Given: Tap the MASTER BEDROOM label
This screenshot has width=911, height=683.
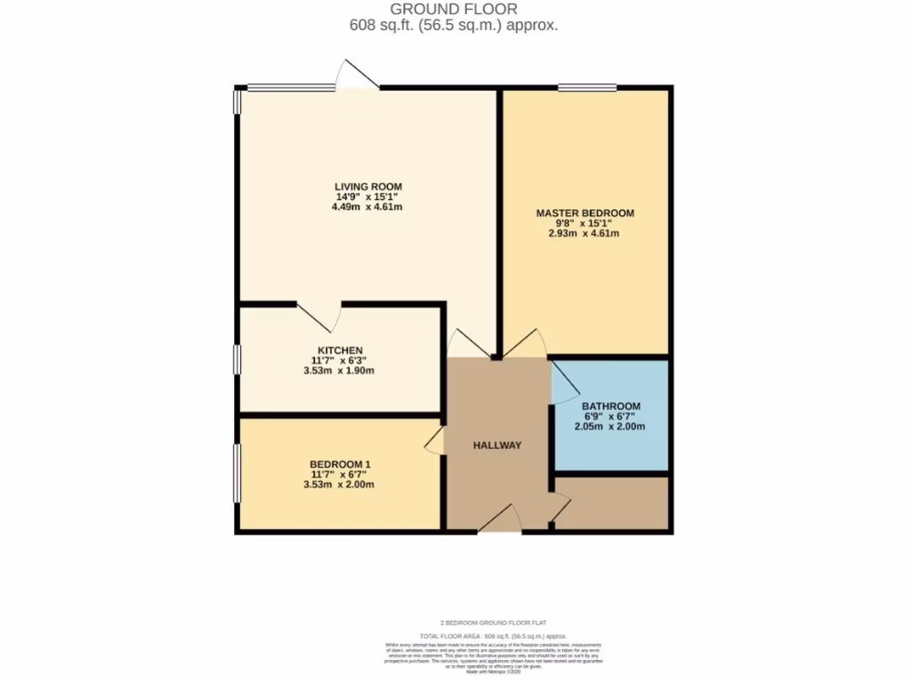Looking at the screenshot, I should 584,213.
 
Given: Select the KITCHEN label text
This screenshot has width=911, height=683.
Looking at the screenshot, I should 340,350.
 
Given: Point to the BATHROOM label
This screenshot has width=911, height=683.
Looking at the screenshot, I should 611,406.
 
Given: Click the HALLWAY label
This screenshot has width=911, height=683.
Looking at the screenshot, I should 497,446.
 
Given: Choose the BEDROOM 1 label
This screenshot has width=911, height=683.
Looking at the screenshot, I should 340,464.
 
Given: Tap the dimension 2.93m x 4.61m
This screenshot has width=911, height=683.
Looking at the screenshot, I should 584,234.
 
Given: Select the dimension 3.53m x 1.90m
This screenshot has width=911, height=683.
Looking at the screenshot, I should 339,371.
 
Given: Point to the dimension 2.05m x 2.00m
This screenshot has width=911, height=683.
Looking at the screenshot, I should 611,427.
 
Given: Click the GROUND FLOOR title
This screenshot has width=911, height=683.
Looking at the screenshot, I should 454,9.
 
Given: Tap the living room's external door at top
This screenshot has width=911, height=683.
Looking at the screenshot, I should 358,76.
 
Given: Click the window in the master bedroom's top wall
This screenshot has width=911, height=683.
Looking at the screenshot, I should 587,87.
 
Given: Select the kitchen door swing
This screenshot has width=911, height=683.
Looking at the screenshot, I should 318,316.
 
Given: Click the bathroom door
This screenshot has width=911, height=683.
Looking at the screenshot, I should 564,384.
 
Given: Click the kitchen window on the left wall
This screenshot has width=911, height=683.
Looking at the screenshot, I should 237,360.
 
